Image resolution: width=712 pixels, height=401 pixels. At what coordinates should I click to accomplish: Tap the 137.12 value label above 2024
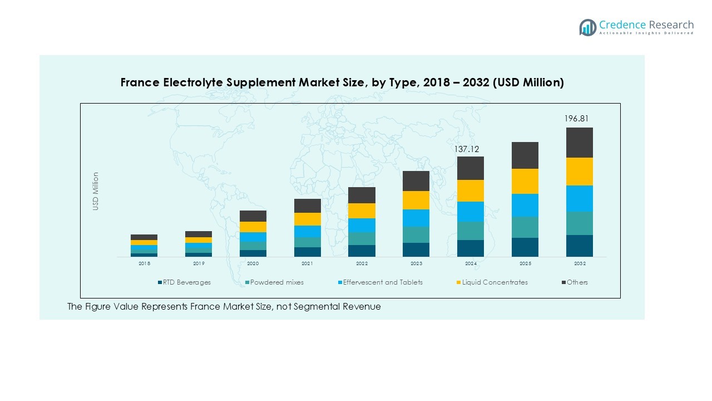click(467, 149)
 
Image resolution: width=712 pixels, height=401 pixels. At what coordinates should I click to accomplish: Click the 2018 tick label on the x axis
click(144, 263)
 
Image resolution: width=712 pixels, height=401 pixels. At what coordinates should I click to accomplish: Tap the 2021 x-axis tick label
click(308, 263)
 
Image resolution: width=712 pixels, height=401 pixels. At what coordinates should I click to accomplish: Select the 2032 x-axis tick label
click(579, 263)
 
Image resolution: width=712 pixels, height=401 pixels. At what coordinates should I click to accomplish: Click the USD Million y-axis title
click(96, 191)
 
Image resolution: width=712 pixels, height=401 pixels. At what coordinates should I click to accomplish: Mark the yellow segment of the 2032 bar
click(579, 172)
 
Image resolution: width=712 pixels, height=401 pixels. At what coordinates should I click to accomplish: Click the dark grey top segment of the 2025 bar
click(525, 155)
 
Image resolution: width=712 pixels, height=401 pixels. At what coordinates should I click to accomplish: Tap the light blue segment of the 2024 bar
click(470, 212)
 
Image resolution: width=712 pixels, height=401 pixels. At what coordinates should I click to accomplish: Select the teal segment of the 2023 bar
click(416, 234)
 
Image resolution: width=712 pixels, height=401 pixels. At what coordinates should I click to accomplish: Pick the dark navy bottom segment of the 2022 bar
click(362, 251)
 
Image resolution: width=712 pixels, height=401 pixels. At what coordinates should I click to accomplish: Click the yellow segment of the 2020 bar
click(253, 227)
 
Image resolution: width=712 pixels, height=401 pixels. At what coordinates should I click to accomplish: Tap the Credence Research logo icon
click(587, 27)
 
